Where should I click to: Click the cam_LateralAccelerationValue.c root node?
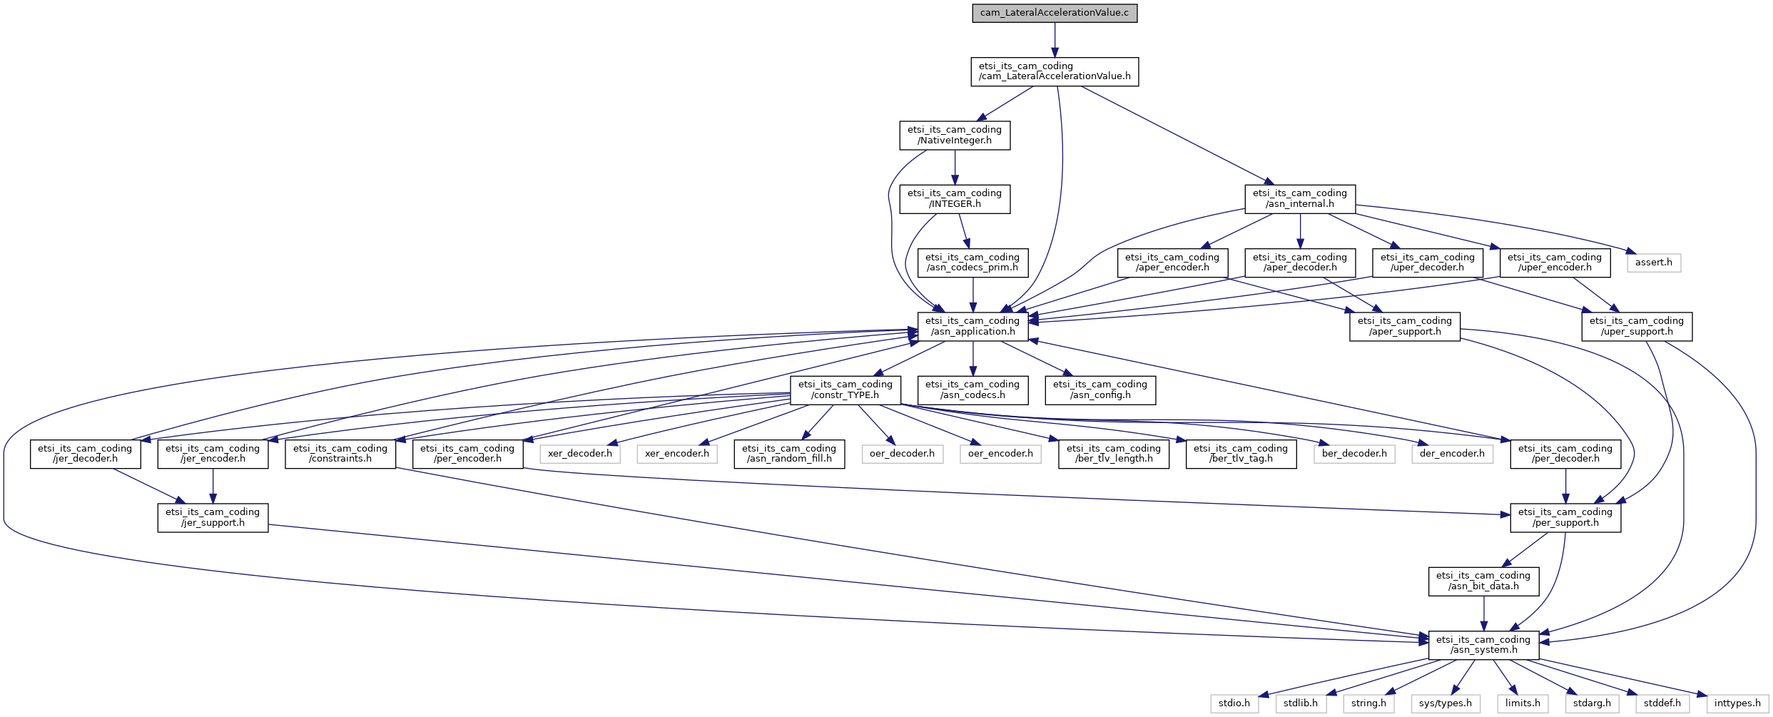click(1055, 13)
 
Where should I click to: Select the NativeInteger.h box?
click(955, 135)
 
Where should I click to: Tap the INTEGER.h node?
click(955, 198)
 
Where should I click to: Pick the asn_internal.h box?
click(1300, 198)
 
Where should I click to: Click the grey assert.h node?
click(1654, 263)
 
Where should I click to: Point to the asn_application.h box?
click(972, 326)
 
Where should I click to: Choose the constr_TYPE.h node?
click(845, 390)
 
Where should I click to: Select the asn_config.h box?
click(1100, 390)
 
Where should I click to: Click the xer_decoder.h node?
click(580, 454)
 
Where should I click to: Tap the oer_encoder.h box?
click(1000, 454)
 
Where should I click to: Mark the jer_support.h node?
click(213, 517)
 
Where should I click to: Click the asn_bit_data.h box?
click(1483, 581)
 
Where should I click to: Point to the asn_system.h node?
click(1483, 645)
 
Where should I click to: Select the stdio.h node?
click(1234, 703)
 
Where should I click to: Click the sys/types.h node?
click(1446, 703)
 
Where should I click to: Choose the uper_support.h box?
click(1637, 326)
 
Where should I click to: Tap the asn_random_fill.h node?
click(789, 454)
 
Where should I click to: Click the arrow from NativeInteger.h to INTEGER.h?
click(955, 167)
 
